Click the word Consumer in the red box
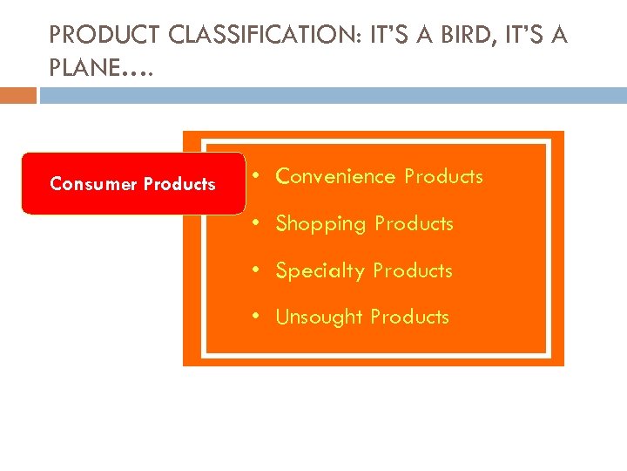click(x=93, y=184)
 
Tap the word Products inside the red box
click(x=179, y=184)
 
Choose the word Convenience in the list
click(x=335, y=176)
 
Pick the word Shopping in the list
click(x=320, y=224)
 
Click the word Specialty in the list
click(x=320, y=271)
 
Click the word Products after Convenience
click(x=443, y=176)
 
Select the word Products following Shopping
click(x=414, y=224)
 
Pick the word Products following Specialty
click(x=413, y=271)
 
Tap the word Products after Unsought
click(x=409, y=317)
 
